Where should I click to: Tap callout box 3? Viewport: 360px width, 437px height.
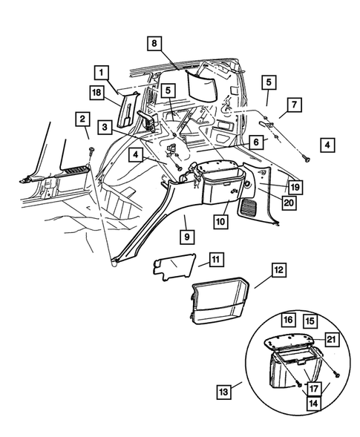pos(108,127)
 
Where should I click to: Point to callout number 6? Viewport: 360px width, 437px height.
pos(255,140)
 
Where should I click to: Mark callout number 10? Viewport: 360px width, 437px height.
pos(220,222)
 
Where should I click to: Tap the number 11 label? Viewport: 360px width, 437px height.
pos(215,259)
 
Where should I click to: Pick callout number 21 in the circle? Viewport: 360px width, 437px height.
pos(332,339)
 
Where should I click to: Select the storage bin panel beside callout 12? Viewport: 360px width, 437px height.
pos(220,302)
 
